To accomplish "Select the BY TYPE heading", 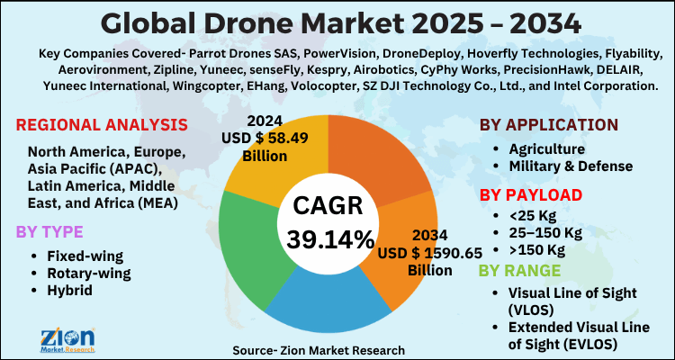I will [x=50, y=231].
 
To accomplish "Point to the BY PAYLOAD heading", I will [x=530, y=193].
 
